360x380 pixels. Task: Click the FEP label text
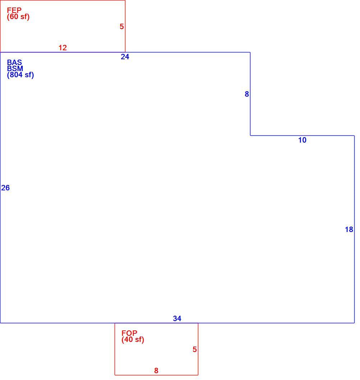coord(14,10)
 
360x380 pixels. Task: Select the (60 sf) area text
coord(18,17)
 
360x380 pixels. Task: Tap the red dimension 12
coord(63,48)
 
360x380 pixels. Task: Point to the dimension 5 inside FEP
coord(122,27)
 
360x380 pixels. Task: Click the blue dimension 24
coord(125,57)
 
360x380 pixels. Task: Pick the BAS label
coord(14,62)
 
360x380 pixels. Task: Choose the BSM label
coord(15,68)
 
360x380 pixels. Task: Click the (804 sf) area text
coord(20,75)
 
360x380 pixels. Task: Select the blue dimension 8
coord(247,94)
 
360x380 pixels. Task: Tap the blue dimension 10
coord(302,140)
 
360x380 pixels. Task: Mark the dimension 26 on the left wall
coord(5,188)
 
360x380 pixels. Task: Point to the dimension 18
coord(349,230)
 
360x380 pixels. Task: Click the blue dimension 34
coord(177,319)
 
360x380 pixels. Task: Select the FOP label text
coord(129,333)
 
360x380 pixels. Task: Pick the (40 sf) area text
coord(133,339)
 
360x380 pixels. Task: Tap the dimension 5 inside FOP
coord(195,349)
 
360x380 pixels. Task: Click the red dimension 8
coord(156,371)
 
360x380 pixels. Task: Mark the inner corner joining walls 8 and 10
coord(250,135)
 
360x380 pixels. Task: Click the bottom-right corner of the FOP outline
coord(198,375)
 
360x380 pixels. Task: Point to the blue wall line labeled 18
coord(354,229)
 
